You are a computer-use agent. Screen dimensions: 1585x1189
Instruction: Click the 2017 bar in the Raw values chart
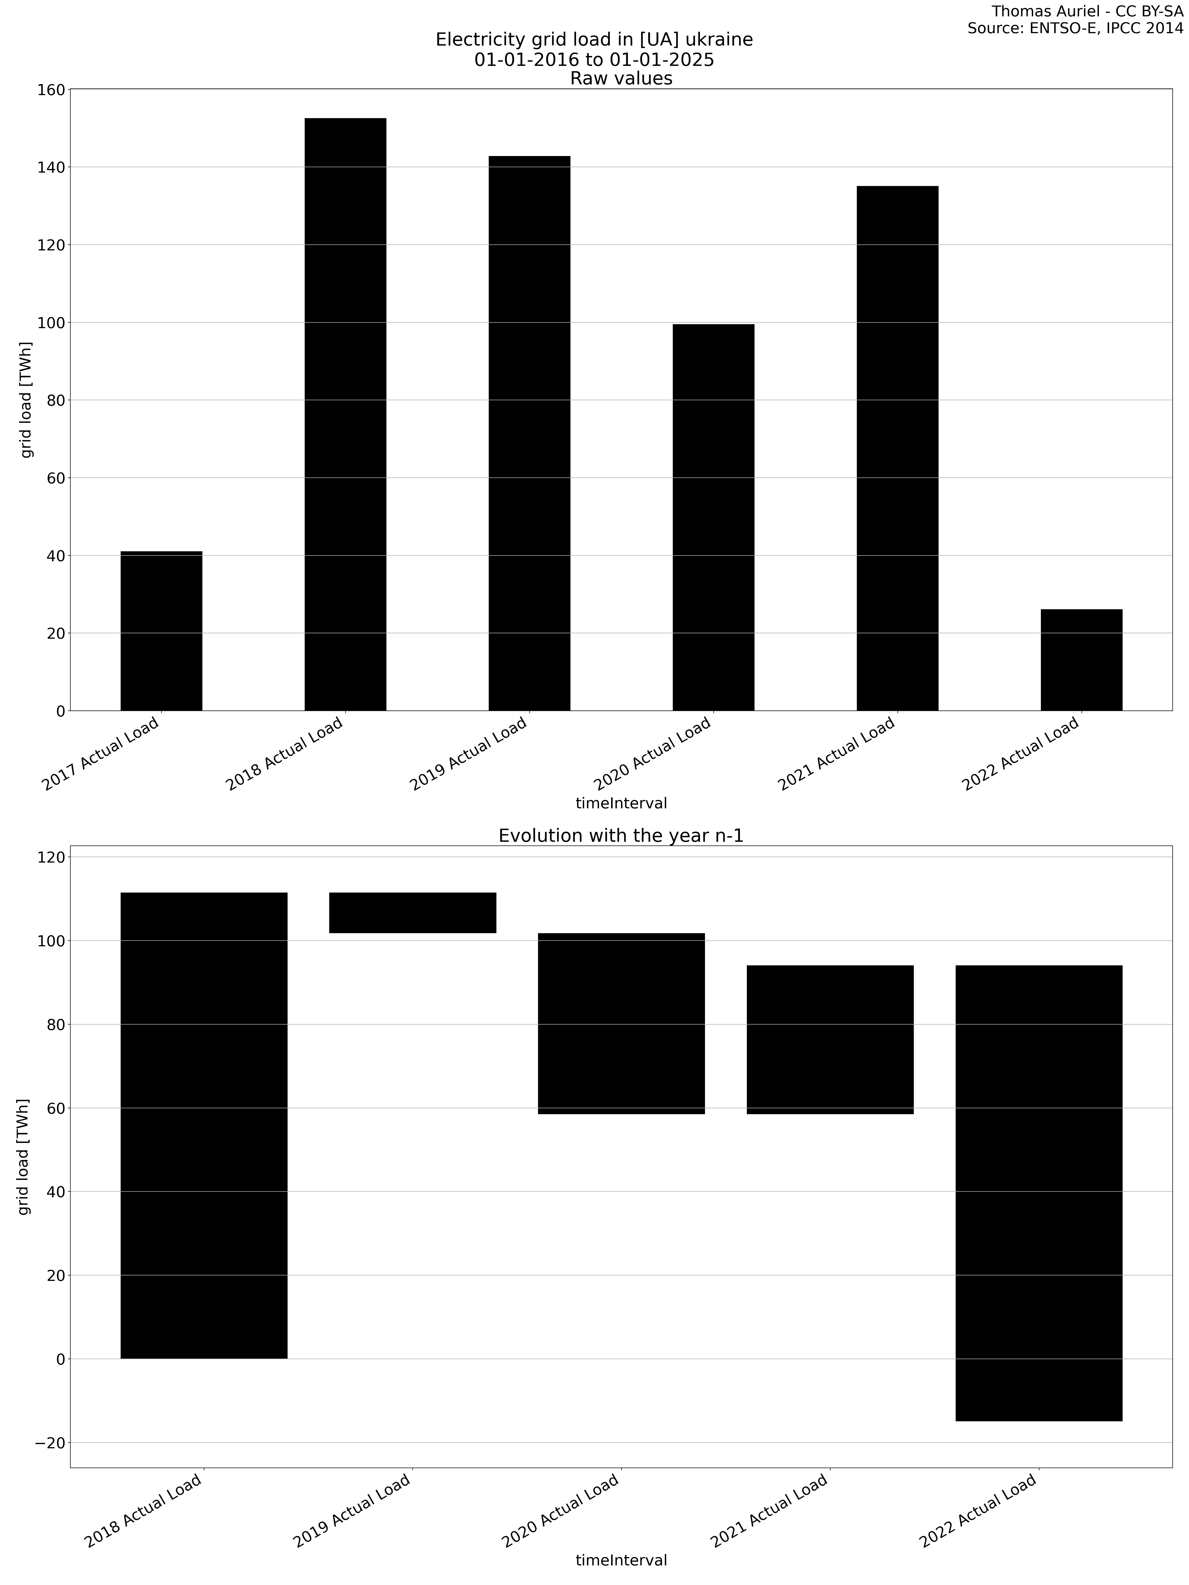pos(161,631)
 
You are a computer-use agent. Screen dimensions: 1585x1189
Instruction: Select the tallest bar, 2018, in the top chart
pos(346,414)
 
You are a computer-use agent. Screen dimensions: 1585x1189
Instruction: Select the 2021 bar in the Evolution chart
pos(830,1039)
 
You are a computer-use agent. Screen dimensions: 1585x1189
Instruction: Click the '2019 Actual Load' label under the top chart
pos(469,754)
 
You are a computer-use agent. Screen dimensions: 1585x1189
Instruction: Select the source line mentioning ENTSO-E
pos(1075,29)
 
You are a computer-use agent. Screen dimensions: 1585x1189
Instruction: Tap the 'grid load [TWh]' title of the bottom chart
pos(24,1157)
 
